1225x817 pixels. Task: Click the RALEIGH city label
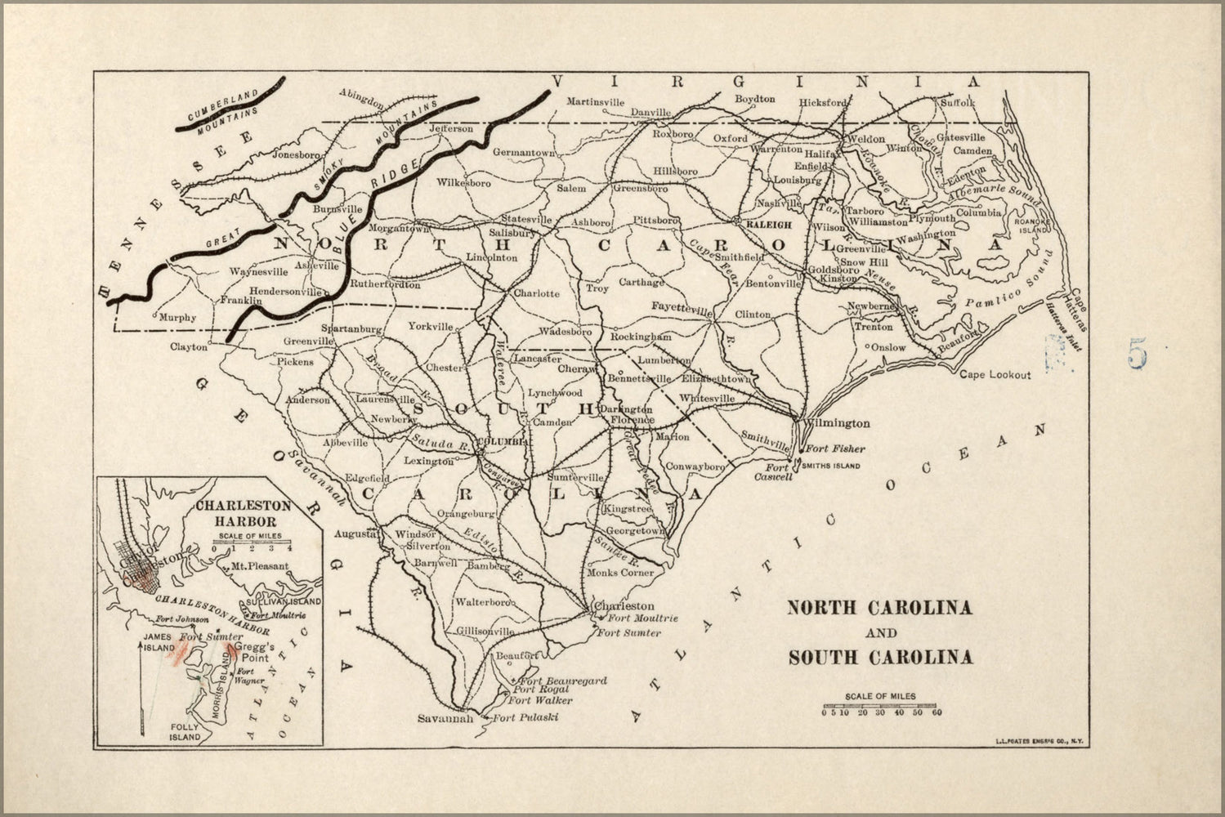point(768,224)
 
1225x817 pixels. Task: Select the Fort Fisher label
point(835,449)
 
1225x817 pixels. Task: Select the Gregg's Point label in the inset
point(252,652)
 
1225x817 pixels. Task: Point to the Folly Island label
point(185,731)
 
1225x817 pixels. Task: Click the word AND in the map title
point(879,632)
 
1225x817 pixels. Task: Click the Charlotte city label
point(536,293)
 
